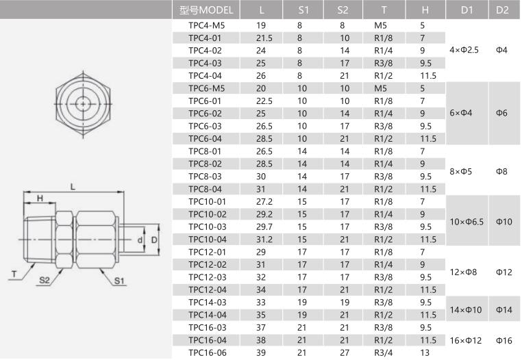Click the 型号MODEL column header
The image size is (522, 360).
[206, 10]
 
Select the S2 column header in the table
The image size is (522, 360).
[343, 10]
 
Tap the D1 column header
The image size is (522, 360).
[467, 10]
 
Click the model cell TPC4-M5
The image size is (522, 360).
[207, 25]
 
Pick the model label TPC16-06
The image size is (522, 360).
[208, 352]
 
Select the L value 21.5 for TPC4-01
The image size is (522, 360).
[264, 38]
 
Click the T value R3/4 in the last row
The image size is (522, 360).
[383, 352]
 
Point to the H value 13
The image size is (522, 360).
[425, 352]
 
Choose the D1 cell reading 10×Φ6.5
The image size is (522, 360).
[467, 222]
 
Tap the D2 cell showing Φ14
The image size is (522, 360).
[504, 310]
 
